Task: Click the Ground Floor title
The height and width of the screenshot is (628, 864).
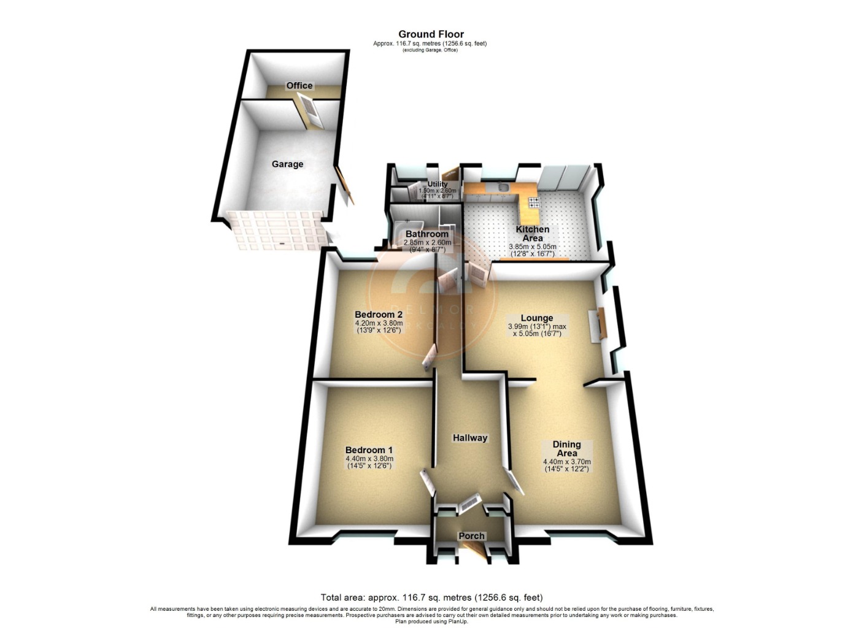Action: click(431, 34)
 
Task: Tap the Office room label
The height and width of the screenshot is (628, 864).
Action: click(299, 86)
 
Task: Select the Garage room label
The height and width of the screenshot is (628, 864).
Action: click(287, 164)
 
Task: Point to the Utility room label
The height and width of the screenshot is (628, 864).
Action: click(438, 184)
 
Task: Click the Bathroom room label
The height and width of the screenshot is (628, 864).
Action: click(427, 234)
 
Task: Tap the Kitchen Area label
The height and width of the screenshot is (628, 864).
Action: click(533, 234)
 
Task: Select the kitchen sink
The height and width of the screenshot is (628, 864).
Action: click(502, 188)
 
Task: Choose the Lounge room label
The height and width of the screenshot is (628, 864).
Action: click(537, 318)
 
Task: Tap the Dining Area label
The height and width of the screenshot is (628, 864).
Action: click(566, 449)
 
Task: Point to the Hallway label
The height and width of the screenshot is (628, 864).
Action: click(470, 438)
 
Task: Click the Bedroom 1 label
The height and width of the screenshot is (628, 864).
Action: click(369, 450)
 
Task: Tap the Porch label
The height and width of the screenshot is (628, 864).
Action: click(472, 536)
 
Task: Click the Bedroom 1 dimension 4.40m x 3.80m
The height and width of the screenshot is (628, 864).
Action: click(369, 459)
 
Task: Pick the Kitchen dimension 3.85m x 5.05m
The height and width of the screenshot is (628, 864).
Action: click(533, 247)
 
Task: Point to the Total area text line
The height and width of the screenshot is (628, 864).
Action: click(431, 597)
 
